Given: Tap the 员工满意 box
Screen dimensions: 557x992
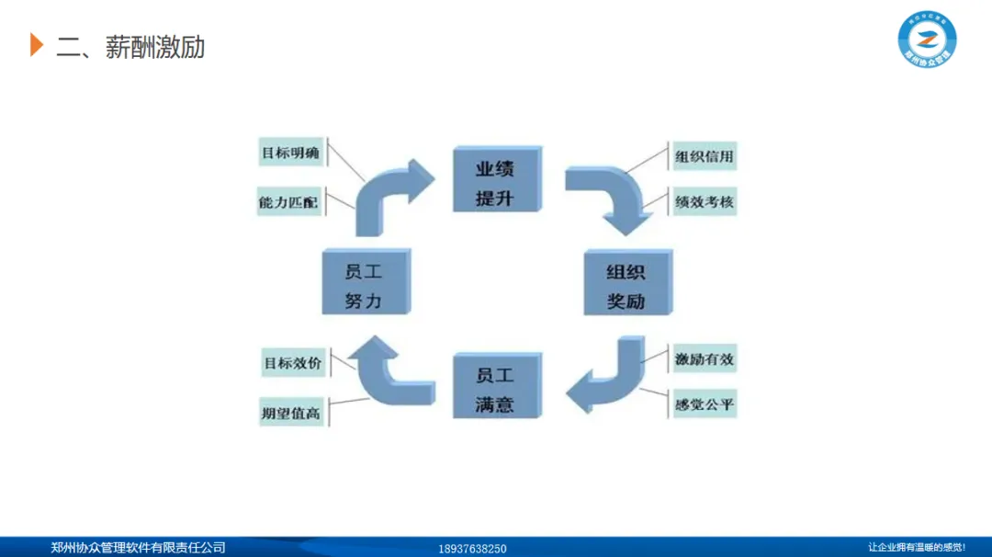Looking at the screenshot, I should coord(495,389).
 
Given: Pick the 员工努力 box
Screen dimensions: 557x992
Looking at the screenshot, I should coord(364,285).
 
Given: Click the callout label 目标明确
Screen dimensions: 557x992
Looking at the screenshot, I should coord(290,153).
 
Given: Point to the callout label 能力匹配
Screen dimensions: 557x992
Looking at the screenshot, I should coord(289,201).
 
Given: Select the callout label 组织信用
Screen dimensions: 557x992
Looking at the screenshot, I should coord(705,156).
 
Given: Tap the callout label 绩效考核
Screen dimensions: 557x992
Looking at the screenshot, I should coord(705,201).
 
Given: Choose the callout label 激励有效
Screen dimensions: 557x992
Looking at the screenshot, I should coord(705,359).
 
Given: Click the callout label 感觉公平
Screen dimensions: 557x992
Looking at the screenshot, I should coord(705,404).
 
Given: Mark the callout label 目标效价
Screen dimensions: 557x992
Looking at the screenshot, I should coord(292,363).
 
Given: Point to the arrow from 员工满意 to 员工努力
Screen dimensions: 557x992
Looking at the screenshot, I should coord(386,372).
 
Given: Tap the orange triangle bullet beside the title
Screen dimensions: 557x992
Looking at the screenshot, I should coord(37,44).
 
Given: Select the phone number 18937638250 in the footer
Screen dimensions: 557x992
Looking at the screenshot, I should coord(472,549).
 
